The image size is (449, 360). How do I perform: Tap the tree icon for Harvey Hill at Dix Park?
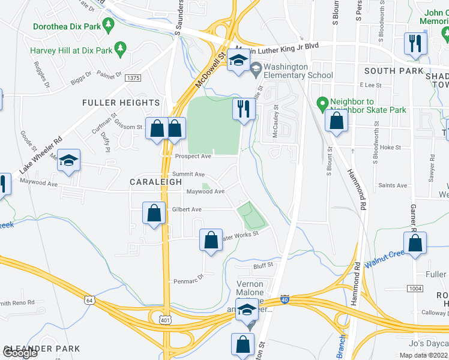pos(120,47)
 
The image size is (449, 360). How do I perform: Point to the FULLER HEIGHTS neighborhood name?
pos(121,103)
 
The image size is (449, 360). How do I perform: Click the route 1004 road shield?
pos(415,289)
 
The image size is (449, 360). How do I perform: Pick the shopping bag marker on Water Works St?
pos(211,241)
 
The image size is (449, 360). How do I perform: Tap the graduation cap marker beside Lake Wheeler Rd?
pos(70,161)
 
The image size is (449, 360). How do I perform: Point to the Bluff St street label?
pos(262,264)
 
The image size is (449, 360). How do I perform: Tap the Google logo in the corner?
pos(20,353)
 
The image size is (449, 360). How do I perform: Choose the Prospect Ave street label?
pos(193,156)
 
